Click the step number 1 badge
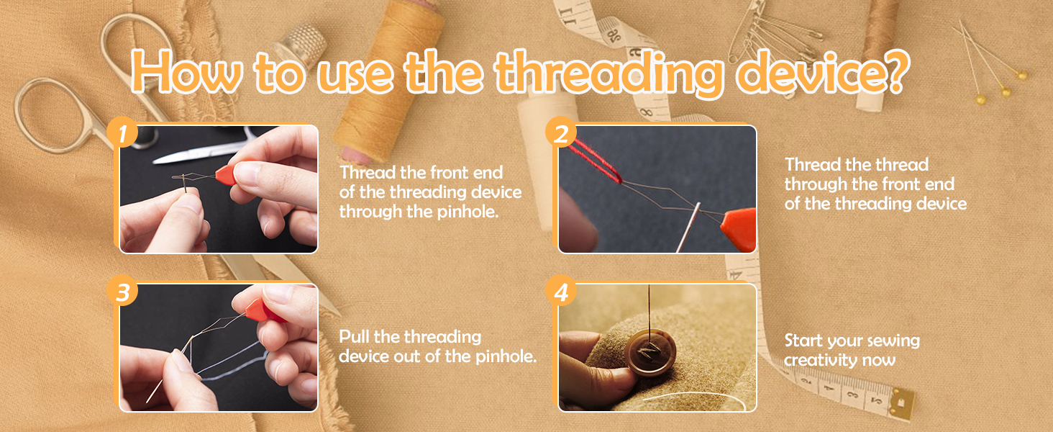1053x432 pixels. (x=122, y=132)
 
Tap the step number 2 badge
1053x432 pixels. (x=561, y=132)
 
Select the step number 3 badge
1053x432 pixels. (x=122, y=291)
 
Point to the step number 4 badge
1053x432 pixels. (x=561, y=291)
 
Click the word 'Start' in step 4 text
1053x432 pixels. (x=803, y=341)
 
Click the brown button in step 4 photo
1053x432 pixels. (x=651, y=353)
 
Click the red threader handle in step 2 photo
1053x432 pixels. (x=739, y=229)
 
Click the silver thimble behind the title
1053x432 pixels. (x=301, y=43)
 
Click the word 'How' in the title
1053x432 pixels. (x=186, y=72)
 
